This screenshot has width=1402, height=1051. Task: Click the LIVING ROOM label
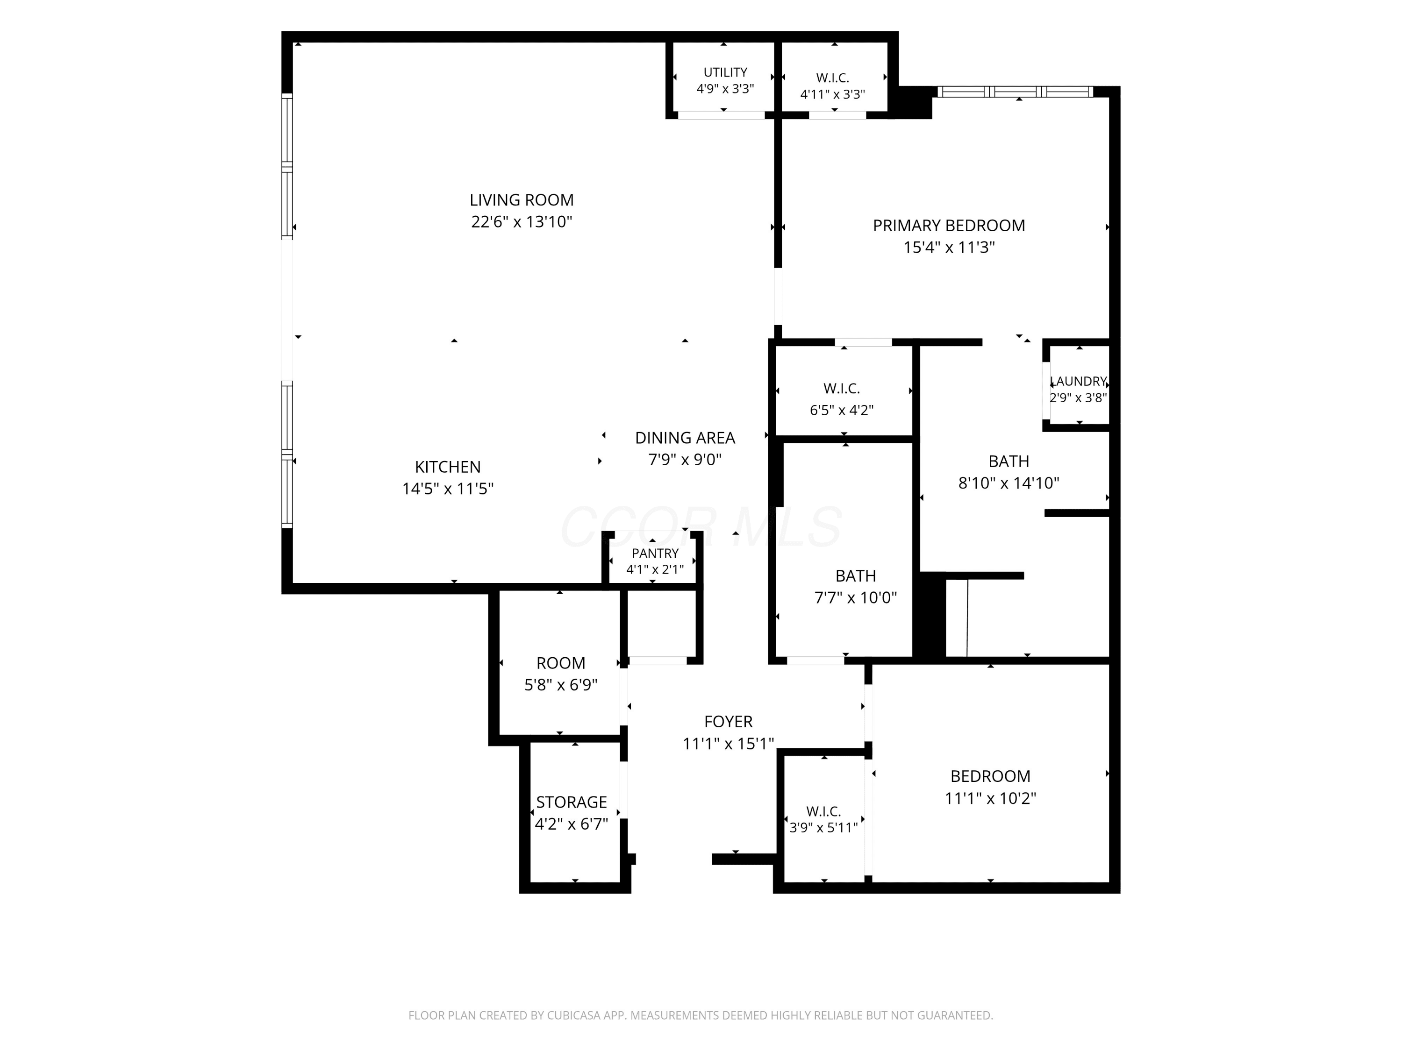(522, 200)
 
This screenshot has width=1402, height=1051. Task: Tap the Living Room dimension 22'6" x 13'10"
(522, 222)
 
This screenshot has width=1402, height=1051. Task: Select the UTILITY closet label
(725, 72)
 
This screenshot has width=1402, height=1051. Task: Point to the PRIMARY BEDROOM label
(949, 226)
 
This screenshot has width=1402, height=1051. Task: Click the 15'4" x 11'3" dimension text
(949, 247)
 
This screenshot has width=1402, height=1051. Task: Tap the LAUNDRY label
(1078, 381)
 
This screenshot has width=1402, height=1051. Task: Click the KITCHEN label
(448, 467)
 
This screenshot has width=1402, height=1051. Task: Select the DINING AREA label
(685, 438)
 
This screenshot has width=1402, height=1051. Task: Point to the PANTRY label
(655, 553)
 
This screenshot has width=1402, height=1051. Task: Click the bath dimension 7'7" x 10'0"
(856, 597)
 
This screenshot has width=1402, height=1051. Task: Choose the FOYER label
(728, 722)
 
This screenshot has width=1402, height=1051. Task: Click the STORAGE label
(572, 802)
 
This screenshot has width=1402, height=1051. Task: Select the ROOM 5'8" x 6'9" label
(561, 663)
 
